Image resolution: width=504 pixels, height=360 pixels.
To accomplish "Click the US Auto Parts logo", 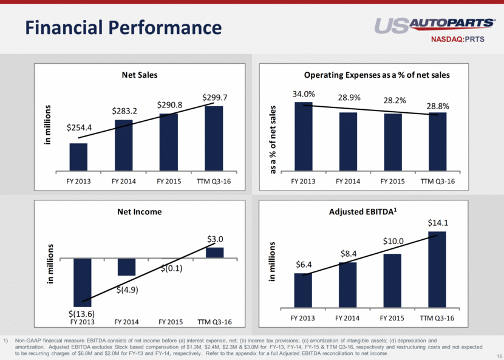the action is (x=435, y=25).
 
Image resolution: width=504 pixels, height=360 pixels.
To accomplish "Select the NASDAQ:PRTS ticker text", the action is (x=457, y=39).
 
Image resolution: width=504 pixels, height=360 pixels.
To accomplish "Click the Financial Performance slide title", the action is (x=123, y=27).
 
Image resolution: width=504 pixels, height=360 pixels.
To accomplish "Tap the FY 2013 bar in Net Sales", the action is (x=78, y=157).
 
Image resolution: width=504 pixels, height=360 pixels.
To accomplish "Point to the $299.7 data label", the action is (x=215, y=97).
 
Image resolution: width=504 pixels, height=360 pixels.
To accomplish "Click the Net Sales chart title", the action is (x=140, y=75).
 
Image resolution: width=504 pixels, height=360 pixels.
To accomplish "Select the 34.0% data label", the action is (x=304, y=94).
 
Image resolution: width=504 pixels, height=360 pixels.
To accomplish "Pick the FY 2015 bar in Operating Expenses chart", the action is (x=393, y=142).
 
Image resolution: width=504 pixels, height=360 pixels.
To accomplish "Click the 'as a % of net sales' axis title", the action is (x=273, y=140).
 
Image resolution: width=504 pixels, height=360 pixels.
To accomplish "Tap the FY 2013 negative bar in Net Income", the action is (x=83, y=282).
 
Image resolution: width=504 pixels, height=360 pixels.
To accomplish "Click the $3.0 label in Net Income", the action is (x=215, y=239).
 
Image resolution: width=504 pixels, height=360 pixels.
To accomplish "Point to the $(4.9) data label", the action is (x=128, y=290).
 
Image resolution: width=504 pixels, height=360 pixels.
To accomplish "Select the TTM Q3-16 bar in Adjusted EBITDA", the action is (x=437, y=270).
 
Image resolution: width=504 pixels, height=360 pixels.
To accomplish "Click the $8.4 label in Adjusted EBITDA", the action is (x=349, y=254).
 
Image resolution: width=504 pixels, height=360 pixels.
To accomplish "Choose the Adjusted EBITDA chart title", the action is (x=363, y=211).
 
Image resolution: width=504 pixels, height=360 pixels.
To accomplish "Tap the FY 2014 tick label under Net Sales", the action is (x=124, y=182).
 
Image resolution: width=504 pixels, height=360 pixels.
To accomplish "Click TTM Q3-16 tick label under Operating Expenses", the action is (x=437, y=182).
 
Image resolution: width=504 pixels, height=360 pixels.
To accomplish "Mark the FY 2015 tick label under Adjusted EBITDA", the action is (x=392, y=318).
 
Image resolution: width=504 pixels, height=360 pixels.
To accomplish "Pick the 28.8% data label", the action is (x=438, y=106).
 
